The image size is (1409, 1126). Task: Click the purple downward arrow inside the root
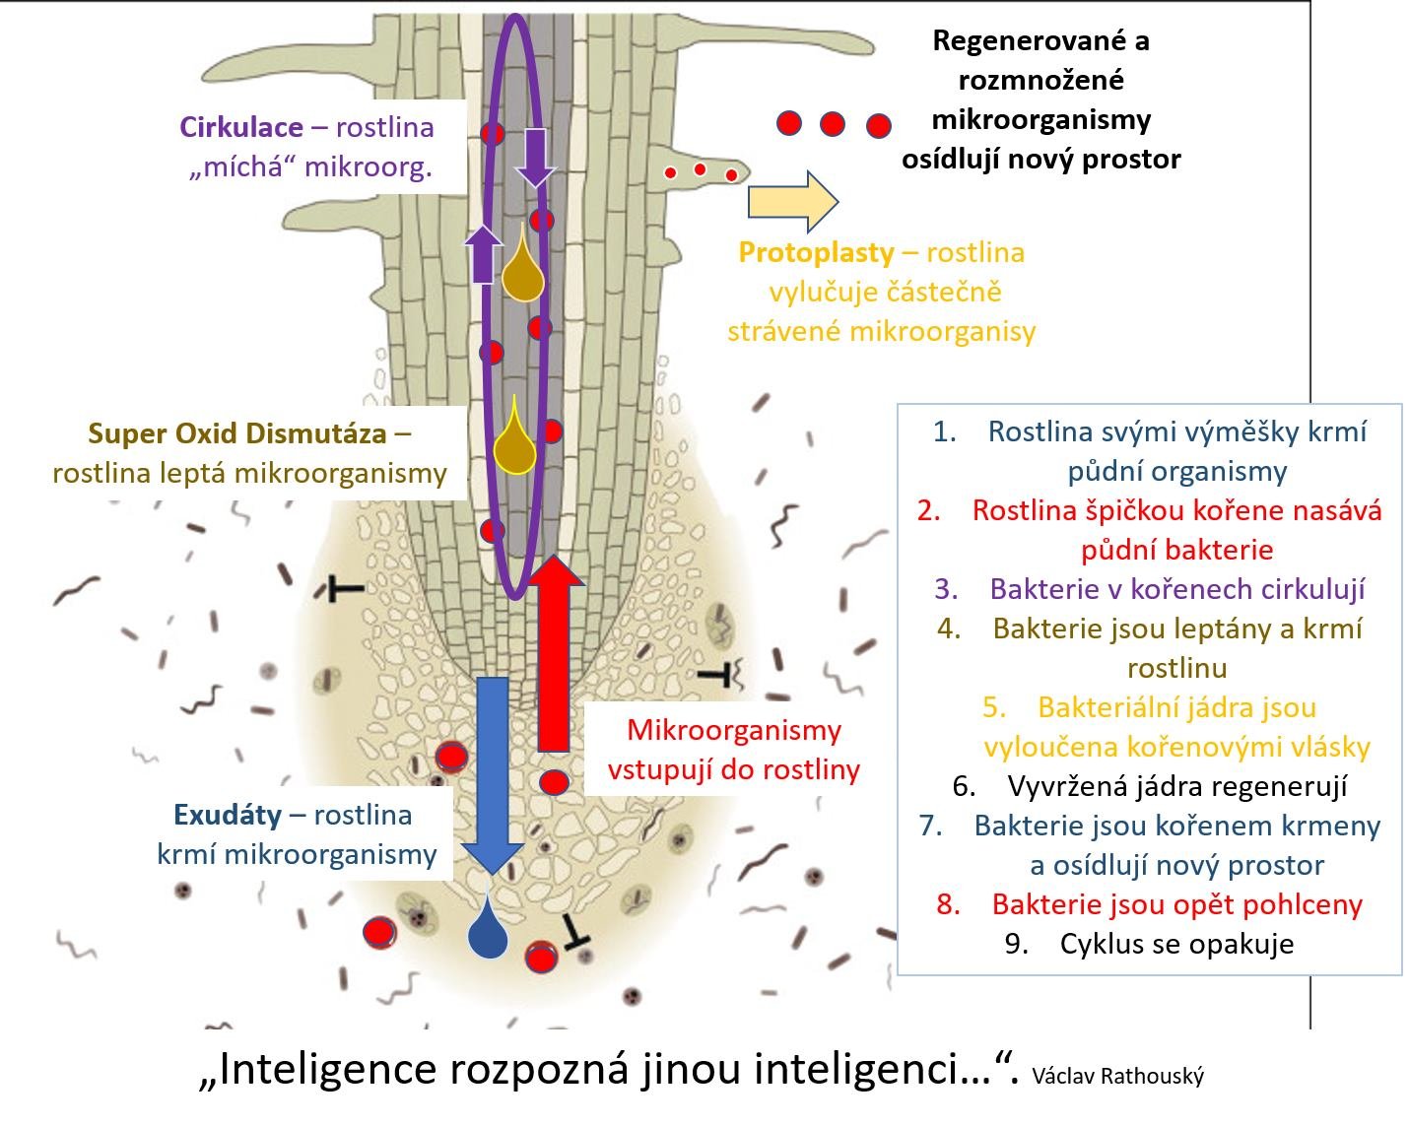tap(535, 156)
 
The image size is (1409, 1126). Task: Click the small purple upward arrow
tap(483, 253)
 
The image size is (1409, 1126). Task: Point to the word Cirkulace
tap(240, 127)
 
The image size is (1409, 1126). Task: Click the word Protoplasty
tap(816, 252)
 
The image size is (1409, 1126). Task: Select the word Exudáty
tap(227, 815)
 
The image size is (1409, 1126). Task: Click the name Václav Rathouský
tap(1117, 1076)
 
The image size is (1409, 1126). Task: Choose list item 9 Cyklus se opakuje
tap(1175, 944)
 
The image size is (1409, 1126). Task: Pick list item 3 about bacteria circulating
tap(1176, 589)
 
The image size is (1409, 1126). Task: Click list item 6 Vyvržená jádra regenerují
tap(1176, 786)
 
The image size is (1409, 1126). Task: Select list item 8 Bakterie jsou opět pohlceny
tap(1176, 904)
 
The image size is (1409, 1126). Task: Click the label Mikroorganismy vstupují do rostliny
tap(733, 750)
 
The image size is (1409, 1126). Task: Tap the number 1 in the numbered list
tap(944, 431)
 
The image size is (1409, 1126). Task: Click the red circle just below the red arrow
tap(555, 783)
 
